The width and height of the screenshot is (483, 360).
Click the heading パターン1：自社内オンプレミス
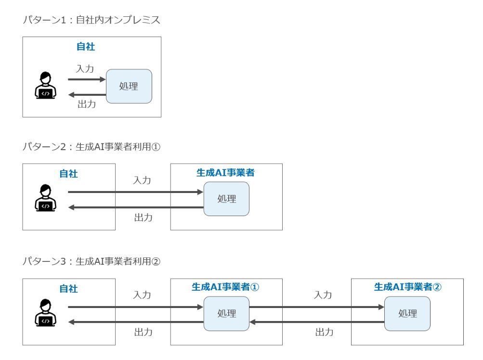click(x=91, y=20)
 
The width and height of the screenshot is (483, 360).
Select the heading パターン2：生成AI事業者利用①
click(x=91, y=147)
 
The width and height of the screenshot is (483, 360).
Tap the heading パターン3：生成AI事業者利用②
click(x=91, y=261)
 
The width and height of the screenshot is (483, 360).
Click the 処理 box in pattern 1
click(x=129, y=86)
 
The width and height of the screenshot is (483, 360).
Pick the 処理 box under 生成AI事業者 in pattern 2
click(x=226, y=199)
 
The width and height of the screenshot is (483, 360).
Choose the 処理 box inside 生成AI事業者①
click(x=226, y=313)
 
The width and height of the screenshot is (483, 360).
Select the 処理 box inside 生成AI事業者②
click(x=407, y=313)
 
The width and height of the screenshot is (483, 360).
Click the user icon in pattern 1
click(x=45, y=85)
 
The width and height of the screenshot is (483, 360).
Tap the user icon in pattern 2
click(x=45, y=198)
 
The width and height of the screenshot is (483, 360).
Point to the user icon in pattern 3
click(x=45, y=312)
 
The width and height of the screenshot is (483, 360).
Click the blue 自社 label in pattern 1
click(x=86, y=47)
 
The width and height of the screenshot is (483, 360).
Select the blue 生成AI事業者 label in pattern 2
click(x=225, y=172)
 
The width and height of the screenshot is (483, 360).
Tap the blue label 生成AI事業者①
click(x=225, y=287)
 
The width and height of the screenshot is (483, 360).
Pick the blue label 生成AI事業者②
click(x=408, y=287)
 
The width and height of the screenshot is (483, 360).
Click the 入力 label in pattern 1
click(x=85, y=69)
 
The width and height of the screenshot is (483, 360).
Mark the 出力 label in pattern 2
click(x=143, y=218)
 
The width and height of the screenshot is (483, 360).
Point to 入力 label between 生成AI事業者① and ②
click(x=323, y=295)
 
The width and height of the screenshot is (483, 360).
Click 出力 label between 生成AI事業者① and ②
click(x=325, y=332)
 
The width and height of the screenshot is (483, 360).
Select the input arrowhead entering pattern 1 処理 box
click(x=103, y=79)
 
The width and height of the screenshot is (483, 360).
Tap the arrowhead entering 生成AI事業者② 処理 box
click(x=381, y=307)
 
